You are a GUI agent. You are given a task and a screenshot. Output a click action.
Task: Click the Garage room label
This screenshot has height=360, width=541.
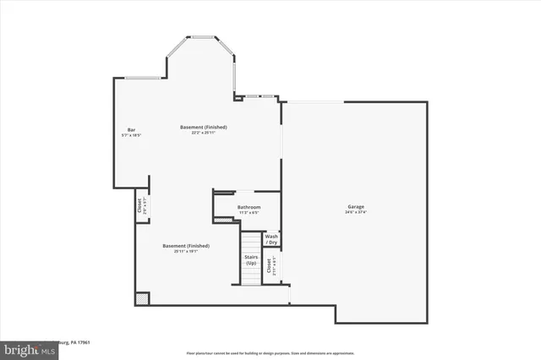[355, 206]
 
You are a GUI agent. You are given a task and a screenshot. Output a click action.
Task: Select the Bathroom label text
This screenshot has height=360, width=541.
[249, 207]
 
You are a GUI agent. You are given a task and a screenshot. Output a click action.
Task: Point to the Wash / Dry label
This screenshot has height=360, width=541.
[271, 239]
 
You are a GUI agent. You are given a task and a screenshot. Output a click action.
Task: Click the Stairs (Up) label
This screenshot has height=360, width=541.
[251, 260]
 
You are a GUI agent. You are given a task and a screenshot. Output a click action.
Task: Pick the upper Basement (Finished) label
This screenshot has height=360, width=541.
[203, 127]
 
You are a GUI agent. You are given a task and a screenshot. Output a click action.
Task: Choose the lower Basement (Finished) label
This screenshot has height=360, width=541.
[186, 245]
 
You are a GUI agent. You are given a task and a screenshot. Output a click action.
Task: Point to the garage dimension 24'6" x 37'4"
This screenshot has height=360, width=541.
[355, 212]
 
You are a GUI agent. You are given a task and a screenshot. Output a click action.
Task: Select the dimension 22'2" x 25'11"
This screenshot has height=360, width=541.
[203, 133]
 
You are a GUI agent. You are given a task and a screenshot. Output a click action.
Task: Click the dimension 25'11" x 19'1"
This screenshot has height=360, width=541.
[186, 251]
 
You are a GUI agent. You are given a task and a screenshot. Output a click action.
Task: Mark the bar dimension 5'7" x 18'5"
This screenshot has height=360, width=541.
[131, 135]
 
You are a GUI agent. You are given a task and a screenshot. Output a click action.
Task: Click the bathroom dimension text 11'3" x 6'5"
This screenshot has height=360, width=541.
[249, 212]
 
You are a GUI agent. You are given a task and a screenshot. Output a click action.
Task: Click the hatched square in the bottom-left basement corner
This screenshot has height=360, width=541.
[142, 298]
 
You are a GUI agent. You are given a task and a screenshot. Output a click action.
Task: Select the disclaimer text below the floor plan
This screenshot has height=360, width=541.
[270, 352]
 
